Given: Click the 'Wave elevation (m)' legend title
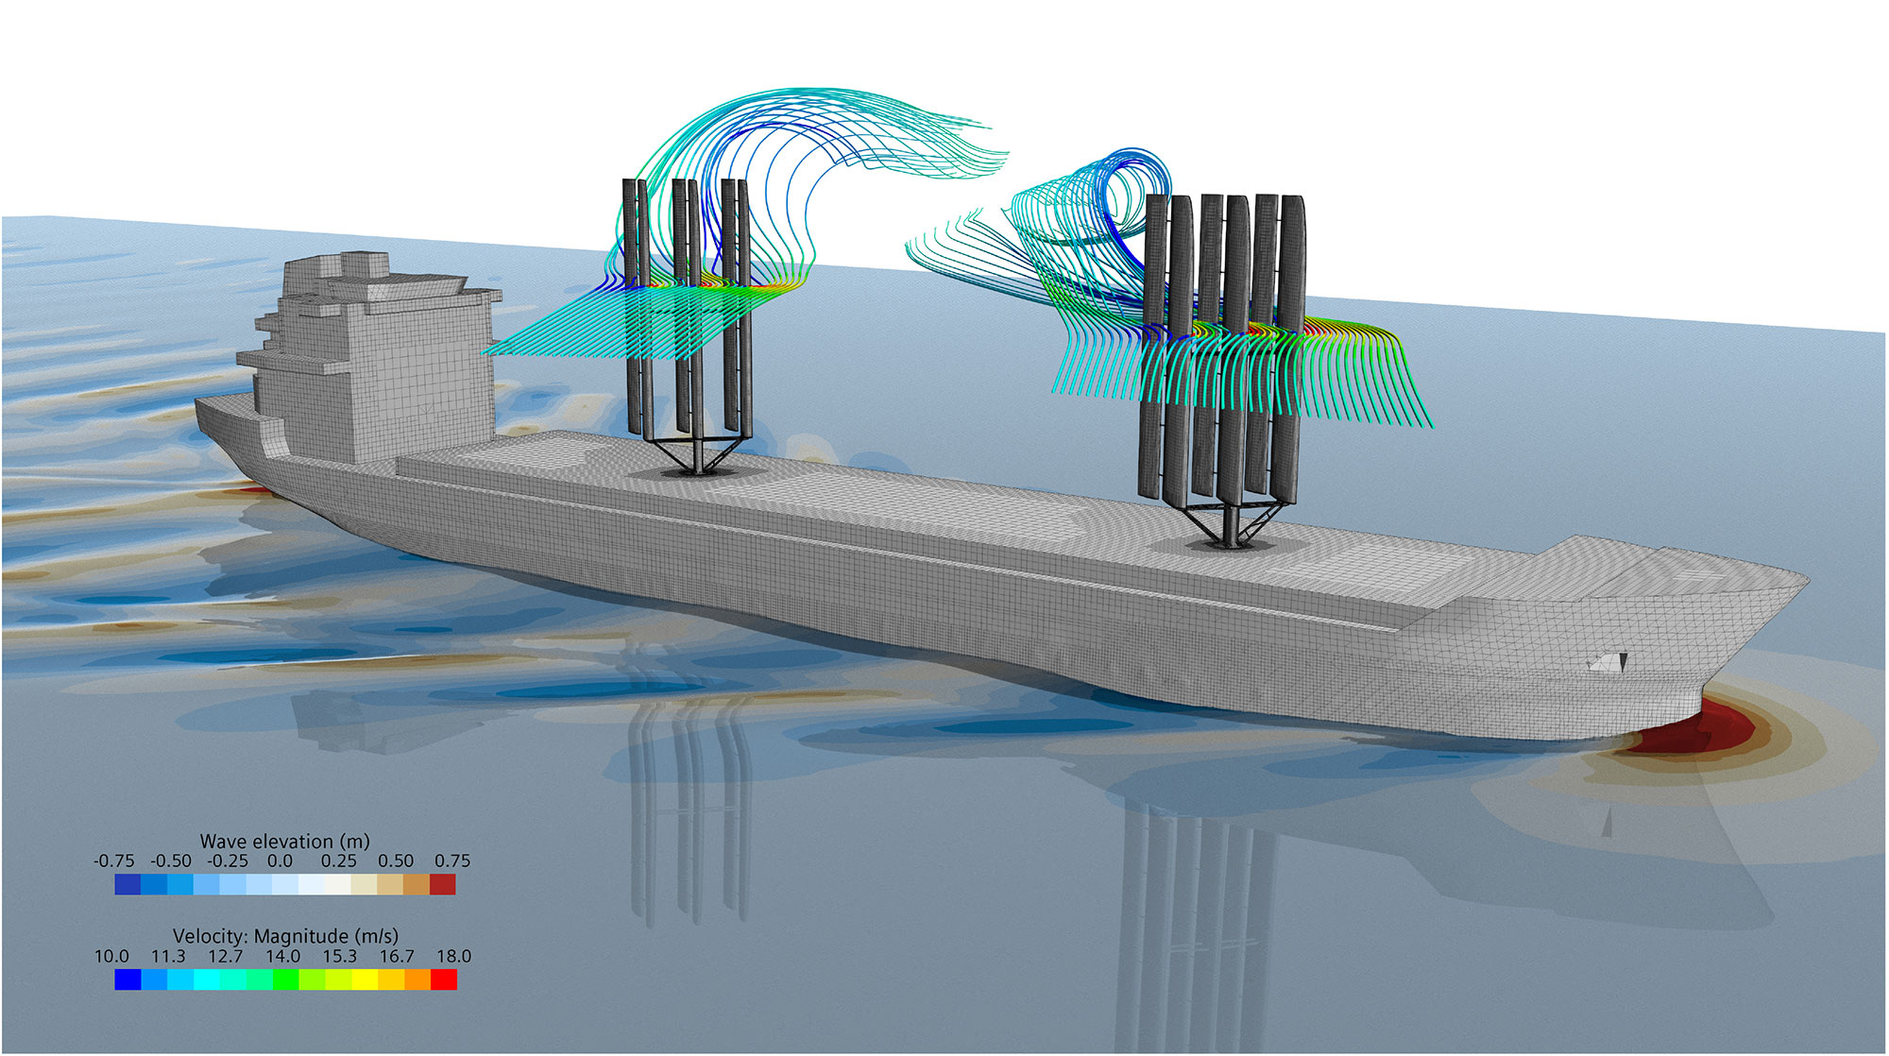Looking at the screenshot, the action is click(x=284, y=841).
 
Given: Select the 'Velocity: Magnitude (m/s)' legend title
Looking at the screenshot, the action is click(x=285, y=936).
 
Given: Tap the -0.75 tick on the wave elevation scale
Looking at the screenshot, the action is click(x=114, y=861).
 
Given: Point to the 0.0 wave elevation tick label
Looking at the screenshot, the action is click(x=280, y=861).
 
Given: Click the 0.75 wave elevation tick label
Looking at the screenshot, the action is click(x=452, y=861).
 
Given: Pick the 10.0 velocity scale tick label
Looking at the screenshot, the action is click(x=111, y=957).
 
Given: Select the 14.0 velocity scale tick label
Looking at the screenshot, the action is click(x=282, y=957).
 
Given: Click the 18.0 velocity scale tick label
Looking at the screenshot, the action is click(x=453, y=957).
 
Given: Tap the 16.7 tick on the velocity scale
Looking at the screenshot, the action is click(x=397, y=957).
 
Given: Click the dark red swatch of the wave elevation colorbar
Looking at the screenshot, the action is click(x=443, y=884).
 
